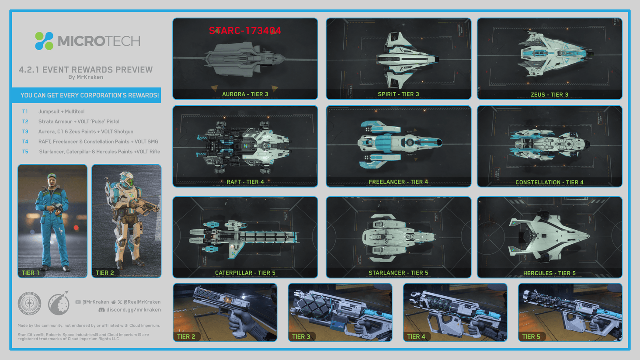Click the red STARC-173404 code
coord(245,31)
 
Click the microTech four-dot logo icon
coord(44,41)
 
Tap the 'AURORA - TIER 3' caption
coord(245,94)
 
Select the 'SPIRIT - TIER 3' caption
coord(398,94)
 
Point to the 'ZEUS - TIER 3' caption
coord(550,95)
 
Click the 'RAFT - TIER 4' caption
coord(245,182)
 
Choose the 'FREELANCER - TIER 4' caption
coord(398,182)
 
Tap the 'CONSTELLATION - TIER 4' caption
coord(550,183)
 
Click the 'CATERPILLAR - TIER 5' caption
coord(245,273)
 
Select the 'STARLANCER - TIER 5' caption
coord(398,273)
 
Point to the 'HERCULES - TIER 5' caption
coord(550,273)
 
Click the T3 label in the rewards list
coord(25,132)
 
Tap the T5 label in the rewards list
coord(25,152)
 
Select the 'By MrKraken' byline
coord(86,77)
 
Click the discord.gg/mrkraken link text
coord(133,310)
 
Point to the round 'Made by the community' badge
coord(29,303)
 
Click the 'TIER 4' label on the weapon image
coord(416,337)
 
